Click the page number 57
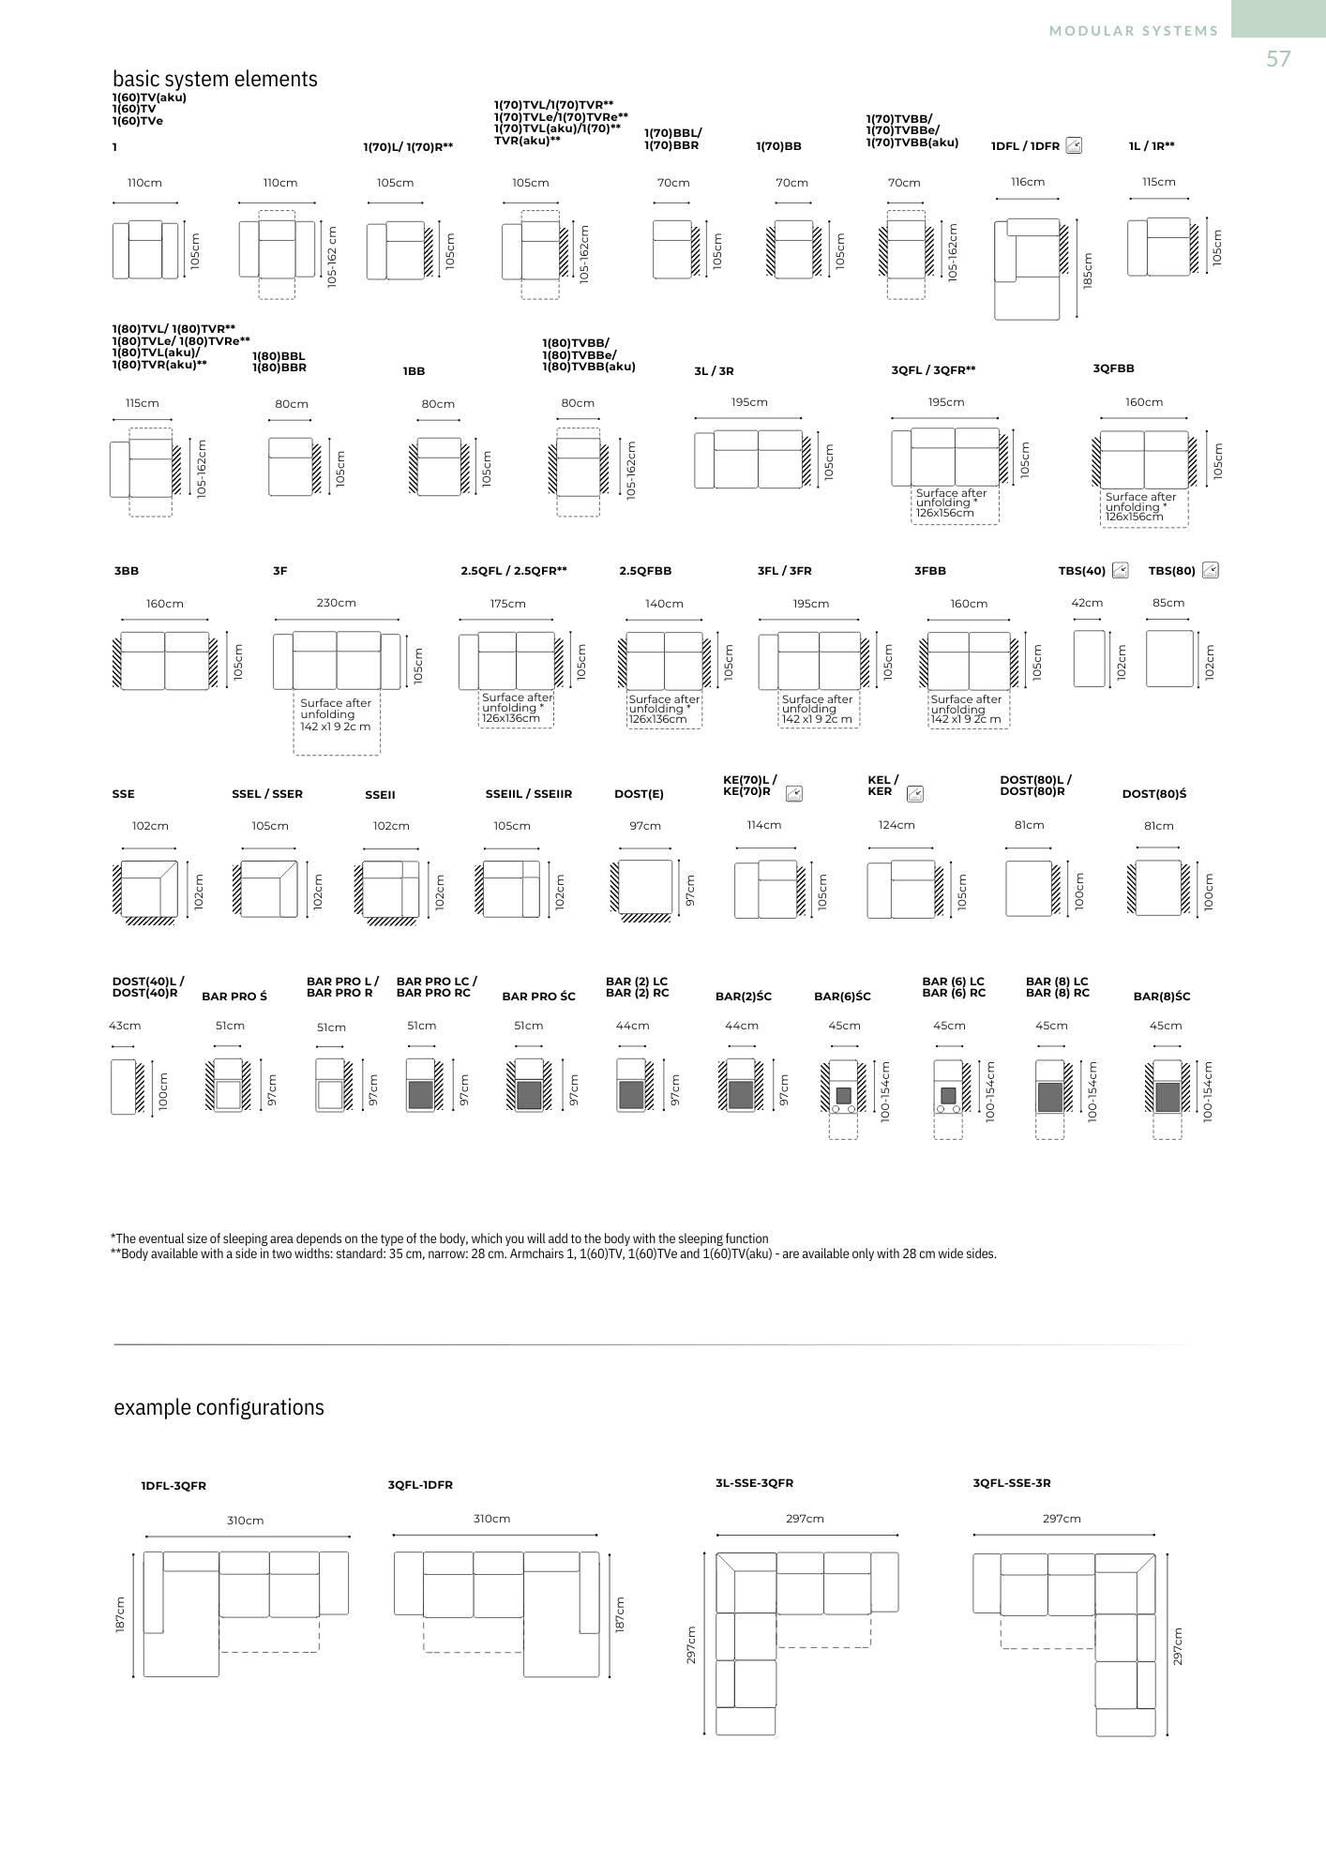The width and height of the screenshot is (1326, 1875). click(x=1278, y=59)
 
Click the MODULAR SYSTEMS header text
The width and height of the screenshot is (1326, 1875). click(x=1134, y=31)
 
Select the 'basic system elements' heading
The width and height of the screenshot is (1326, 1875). click(x=215, y=79)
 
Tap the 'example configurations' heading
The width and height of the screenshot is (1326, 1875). click(x=218, y=1407)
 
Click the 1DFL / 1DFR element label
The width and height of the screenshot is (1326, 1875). click(x=1025, y=146)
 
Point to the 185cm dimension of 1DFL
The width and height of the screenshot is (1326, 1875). click(x=1088, y=271)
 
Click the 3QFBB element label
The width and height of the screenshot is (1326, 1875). click(x=1113, y=368)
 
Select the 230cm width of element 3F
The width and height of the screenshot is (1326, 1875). click(x=336, y=603)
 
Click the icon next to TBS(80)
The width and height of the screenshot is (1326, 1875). click(x=1211, y=570)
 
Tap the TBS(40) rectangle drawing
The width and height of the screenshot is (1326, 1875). click(x=1089, y=658)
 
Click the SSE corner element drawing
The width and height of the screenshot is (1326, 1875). click(x=149, y=889)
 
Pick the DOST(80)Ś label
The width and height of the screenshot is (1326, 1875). click(x=1153, y=794)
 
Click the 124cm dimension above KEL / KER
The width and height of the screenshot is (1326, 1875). click(x=897, y=825)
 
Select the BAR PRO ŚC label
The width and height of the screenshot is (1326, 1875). click(x=538, y=997)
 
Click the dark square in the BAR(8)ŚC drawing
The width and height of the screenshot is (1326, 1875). click(x=1167, y=1097)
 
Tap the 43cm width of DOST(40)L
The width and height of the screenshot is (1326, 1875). click(x=125, y=1026)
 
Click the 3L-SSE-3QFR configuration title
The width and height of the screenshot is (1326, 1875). click(x=754, y=1483)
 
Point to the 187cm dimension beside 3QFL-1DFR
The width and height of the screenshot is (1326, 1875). click(x=620, y=1614)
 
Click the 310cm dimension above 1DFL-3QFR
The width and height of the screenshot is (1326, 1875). click(x=245, y=1521)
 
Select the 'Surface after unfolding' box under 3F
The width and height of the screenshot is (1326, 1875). click(x=336, y=723)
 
